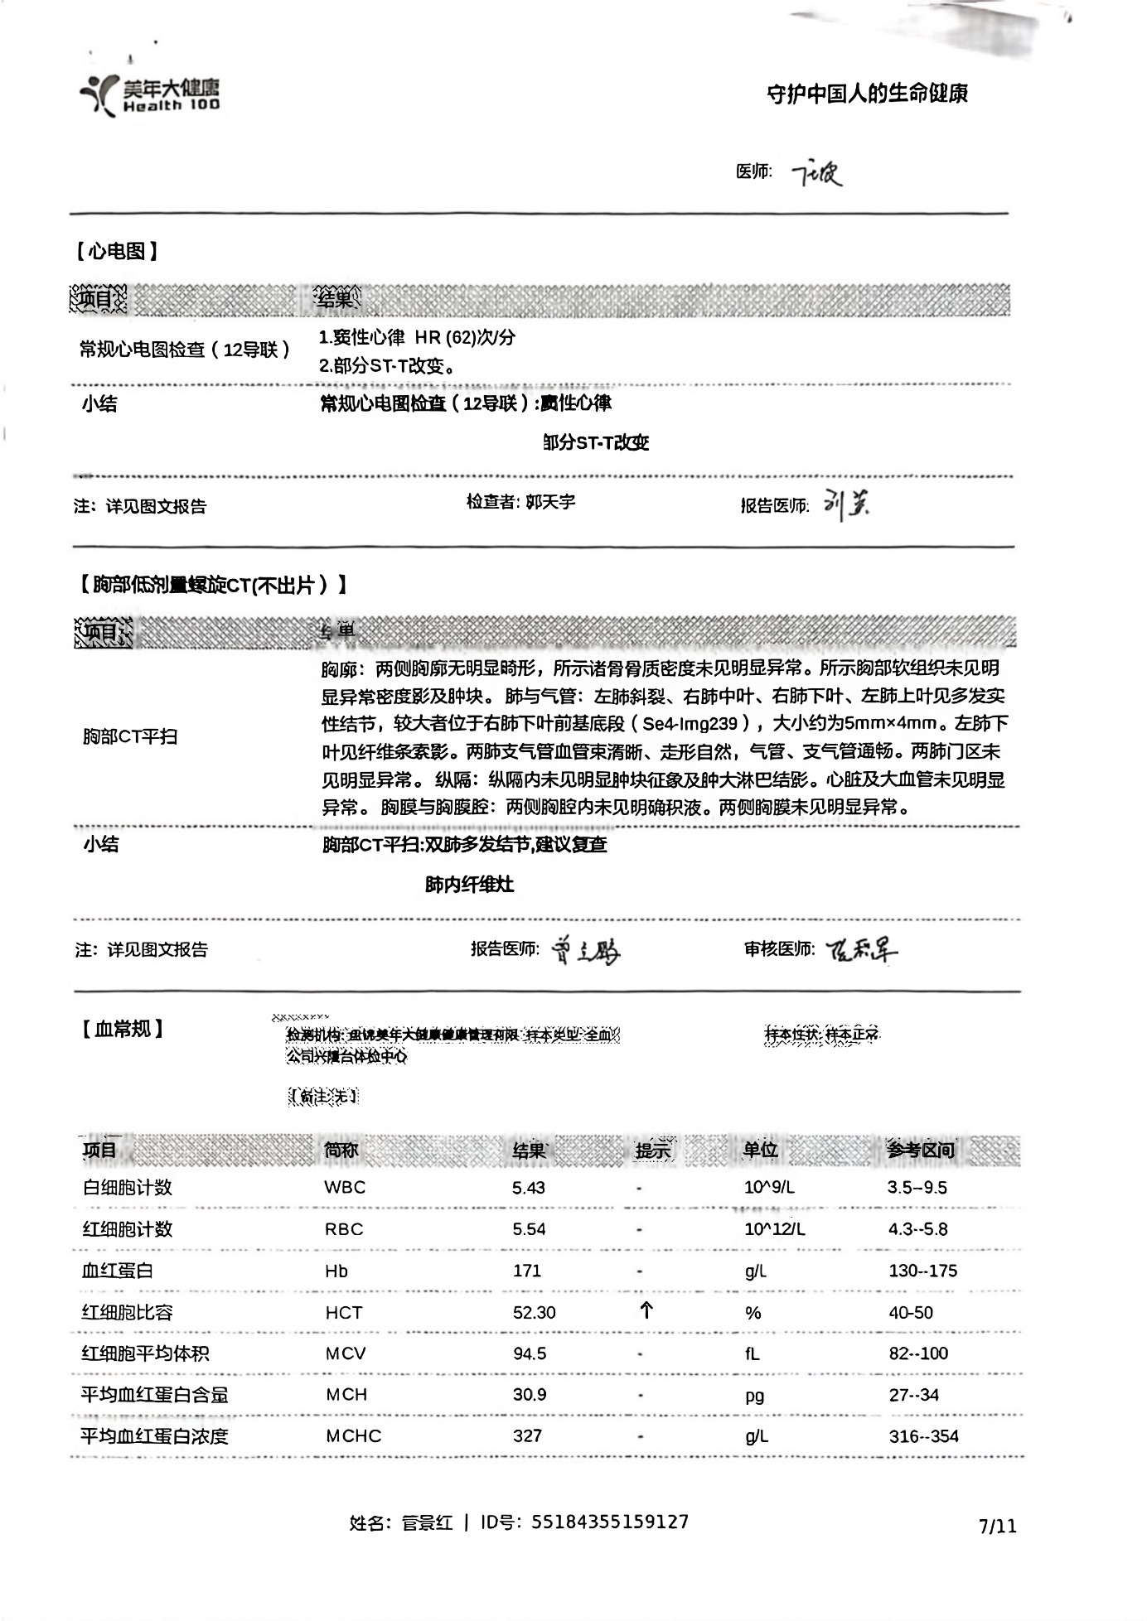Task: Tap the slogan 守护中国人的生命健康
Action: pos(867,94)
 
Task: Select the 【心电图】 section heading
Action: pos(116,251)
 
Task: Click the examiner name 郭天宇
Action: pos(550,502)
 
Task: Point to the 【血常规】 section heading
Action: pos(122,1030)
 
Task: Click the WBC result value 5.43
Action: pos(529,1188)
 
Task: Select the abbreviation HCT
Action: pos(344,1313)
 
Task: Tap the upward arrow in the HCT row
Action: pos(646,1310)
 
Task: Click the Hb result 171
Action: pos(527,1271)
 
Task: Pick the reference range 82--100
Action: pos(918,1353)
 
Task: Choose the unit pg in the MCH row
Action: pos(754,1396)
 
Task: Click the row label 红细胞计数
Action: pos(127,1229)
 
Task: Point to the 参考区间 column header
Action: pos(921,1150)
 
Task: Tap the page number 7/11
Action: pos(997,1526)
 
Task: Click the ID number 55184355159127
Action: pos(609,1522)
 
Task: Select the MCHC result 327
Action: pos(527,1436)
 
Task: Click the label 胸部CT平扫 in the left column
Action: pos(130,736)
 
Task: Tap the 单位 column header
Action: pos(760,1150)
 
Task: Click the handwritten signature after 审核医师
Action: pos(862,950)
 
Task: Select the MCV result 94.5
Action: pos(530,1353)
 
